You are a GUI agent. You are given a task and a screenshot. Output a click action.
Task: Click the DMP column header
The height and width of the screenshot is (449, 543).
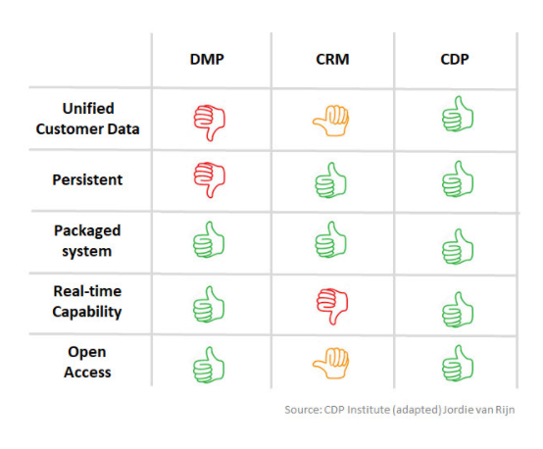click(208, 59)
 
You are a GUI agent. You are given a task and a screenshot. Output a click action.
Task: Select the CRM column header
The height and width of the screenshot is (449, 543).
click(330, 59)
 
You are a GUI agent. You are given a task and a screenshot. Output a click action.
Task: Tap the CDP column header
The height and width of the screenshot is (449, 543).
click(454, 59)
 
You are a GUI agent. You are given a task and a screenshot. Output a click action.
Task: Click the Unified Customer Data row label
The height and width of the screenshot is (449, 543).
click(87, 119)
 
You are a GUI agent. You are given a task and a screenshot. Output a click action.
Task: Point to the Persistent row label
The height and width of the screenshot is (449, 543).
click(87, 180)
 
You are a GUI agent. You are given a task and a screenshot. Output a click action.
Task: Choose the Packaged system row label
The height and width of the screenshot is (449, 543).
click(87, 240)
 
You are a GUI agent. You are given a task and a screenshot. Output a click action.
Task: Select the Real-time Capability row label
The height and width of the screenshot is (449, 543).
click(87, 302)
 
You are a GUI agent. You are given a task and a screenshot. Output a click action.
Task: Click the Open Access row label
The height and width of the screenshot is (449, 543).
click(87, 362)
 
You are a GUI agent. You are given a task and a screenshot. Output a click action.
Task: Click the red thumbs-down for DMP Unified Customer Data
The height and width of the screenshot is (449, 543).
click(209, 121)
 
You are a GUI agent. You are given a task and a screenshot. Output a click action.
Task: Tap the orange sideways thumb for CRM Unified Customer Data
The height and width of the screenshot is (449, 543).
click(331, 120)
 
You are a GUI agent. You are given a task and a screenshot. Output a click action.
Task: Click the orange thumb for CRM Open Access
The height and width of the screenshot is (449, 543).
click(331, 363)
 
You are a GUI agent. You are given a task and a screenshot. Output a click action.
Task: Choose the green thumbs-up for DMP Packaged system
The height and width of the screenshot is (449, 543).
click(208, 239)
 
